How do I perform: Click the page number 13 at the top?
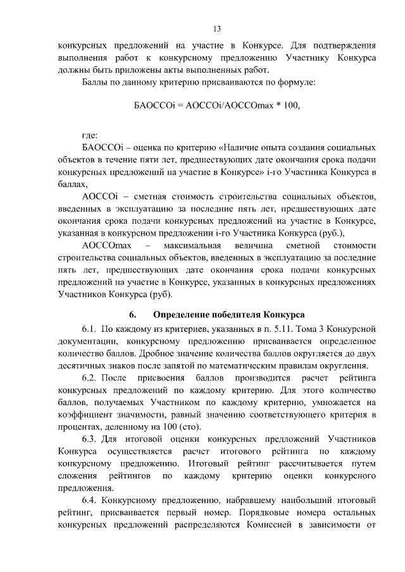pos(216,28)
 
